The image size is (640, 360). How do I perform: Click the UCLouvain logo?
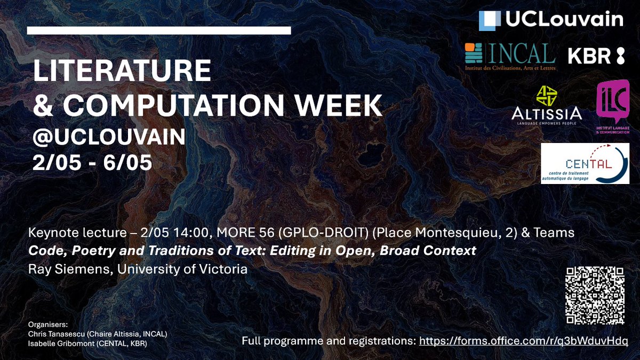tap(551, 20)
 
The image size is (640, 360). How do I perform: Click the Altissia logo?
tap(546, 105)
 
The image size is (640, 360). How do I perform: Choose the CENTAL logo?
tap(585, 163)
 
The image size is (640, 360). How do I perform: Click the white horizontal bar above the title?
tap(158, 30)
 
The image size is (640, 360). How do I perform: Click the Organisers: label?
tap(46, 324)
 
